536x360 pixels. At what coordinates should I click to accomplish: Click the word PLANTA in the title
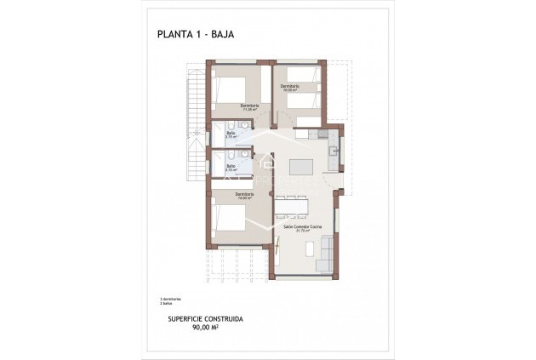click(174, 35)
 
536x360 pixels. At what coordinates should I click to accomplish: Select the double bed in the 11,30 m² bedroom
click(231, 89)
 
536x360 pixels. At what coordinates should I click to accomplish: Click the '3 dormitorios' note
click(168, 298)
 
